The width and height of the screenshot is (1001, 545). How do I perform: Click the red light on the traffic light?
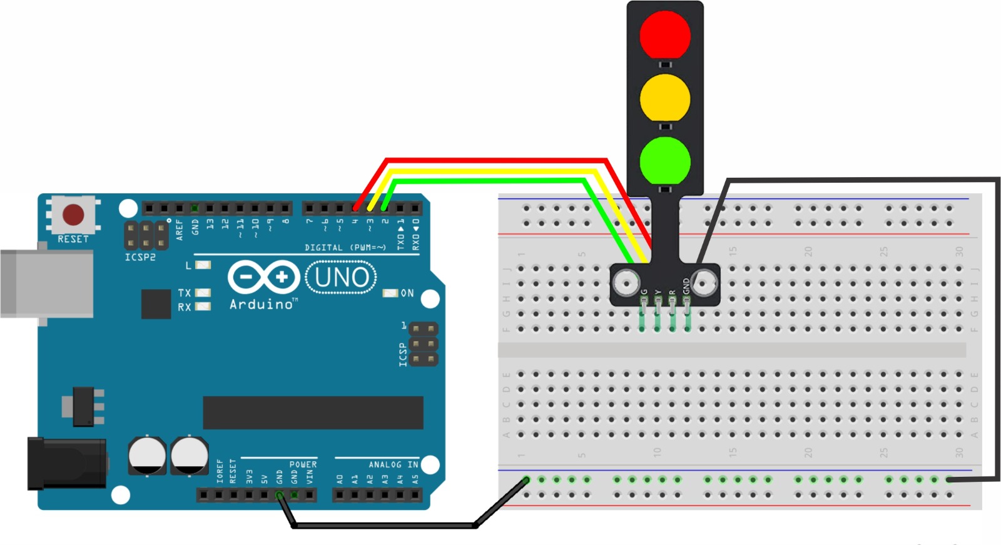point(665,34)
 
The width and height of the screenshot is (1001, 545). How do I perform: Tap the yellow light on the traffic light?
point(665,98)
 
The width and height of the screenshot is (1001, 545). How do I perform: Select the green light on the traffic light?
point(665,161)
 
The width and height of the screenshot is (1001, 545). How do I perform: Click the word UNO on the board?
point(342,277)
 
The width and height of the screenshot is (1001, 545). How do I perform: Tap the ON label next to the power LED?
point(407,293)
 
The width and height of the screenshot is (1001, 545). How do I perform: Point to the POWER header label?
point(303,464)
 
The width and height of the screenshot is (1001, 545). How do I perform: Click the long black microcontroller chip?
point(313,412)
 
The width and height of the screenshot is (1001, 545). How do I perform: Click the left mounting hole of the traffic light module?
point(625,283)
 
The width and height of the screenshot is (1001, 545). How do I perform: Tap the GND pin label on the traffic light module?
point(686,287)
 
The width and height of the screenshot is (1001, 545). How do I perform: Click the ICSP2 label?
point(140,257)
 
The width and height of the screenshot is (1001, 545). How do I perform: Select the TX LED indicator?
point(203,293)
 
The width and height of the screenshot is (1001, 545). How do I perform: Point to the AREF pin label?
point(180,229)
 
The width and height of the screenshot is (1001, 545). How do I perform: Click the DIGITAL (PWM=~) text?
point(345,248)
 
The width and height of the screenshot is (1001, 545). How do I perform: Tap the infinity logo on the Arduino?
point(263,277)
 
